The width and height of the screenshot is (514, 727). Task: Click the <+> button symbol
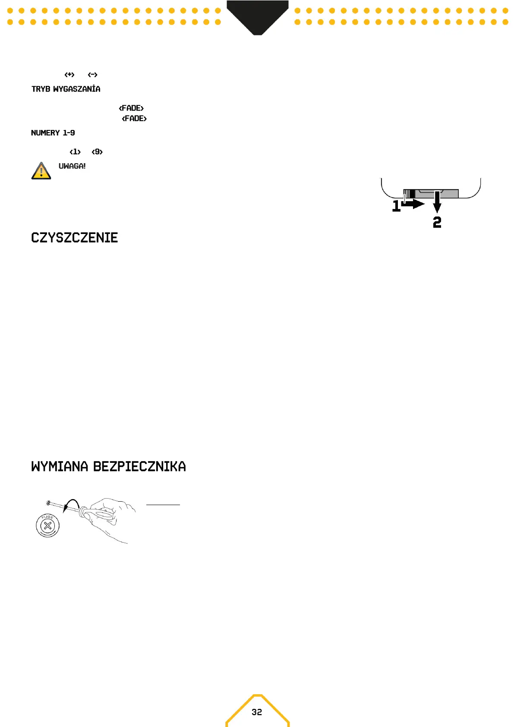pos(69,75)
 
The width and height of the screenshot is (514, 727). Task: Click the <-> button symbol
pos(93,75)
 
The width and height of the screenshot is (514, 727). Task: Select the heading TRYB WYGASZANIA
pos(66,89)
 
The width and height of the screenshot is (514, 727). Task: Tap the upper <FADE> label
pos(131,108)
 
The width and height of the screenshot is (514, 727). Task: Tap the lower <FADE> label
pos(134,118)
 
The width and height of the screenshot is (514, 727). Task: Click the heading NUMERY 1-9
pos(53,133)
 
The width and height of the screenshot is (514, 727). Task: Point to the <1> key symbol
pos(75,152)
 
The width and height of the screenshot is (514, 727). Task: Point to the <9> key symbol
pos(97,152)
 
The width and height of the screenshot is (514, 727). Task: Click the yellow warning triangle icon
pos(41,171)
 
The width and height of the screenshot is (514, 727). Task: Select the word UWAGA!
pos(72,166)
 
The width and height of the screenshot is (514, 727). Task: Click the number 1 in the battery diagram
pos(396,206)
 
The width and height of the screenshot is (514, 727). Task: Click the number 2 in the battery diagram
pos(437,222)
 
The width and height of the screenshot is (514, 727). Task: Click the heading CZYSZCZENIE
pos(75,238)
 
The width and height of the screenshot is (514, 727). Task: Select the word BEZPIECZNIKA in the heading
pos(139,467)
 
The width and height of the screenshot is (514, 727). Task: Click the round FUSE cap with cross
pos(47,526)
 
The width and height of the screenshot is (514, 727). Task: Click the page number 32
pos(257,712)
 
